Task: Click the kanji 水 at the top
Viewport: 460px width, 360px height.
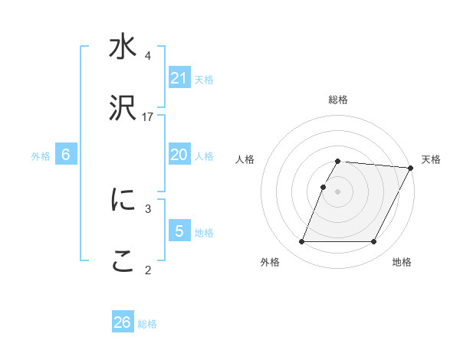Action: tap(123, 48)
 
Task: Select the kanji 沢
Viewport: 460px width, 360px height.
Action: tap(123, 109)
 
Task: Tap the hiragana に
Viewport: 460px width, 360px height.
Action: tap(123, 200)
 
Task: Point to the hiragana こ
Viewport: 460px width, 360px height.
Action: tap(123, 262)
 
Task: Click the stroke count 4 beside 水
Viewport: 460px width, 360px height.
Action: tap(148, 56)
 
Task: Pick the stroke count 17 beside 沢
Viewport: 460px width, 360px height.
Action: tap(148, 116)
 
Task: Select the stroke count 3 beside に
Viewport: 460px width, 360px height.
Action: tap(148, 208)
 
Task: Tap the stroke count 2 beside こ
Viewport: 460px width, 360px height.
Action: tap(148, 269)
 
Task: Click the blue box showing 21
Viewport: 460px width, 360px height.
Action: tap(179, 78)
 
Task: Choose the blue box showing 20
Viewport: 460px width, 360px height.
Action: tap(179, 155)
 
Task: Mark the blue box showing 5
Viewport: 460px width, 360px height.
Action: tap(179, 231)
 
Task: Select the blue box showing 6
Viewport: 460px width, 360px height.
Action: tap(66, 155)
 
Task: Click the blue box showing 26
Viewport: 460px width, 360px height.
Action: tap(123, 322)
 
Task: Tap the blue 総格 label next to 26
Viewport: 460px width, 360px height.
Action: tap(147, 324)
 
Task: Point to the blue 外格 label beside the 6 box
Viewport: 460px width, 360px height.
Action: tap(41, 156)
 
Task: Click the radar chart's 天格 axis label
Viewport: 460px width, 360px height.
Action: tap(431, 159)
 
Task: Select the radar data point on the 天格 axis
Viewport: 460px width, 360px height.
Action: tap(410, 168)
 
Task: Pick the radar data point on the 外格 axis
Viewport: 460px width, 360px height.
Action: tap(301, 242)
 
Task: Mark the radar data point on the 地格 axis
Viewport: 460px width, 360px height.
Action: tap(374, 242)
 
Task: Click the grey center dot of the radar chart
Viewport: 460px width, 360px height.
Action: tap(337, 191)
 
